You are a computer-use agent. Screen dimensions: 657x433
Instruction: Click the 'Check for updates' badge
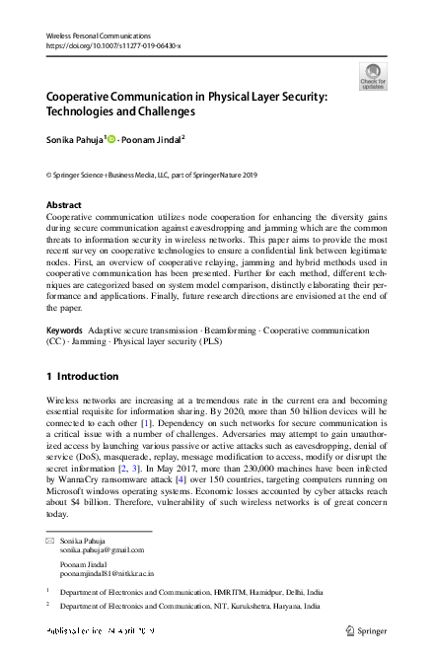tap(372, 76)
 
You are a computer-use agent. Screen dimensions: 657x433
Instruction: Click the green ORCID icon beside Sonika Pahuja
tap(124, 140)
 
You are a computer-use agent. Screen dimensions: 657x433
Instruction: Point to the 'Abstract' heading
tap(64, 204)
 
